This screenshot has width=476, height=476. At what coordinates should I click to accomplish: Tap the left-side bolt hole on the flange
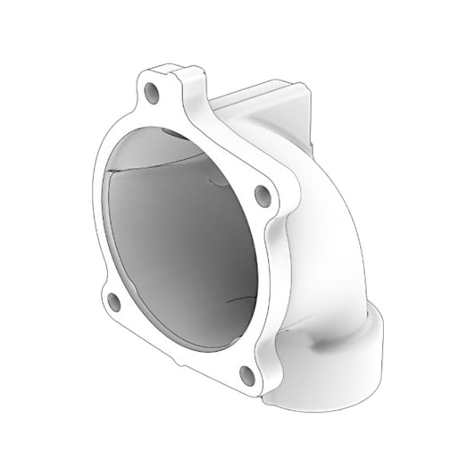pos(114,302)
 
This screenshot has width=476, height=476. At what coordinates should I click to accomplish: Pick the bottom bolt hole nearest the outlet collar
pos(247,375)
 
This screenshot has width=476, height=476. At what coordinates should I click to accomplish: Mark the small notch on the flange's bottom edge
pos(179,361)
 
